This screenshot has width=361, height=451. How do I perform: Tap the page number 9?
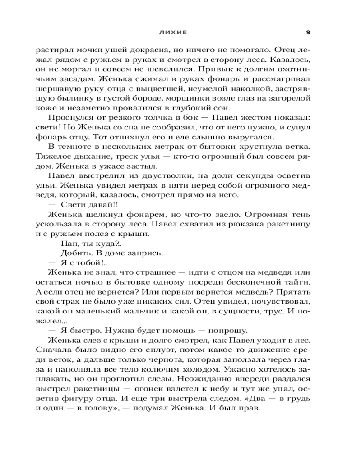click(308, 32)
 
